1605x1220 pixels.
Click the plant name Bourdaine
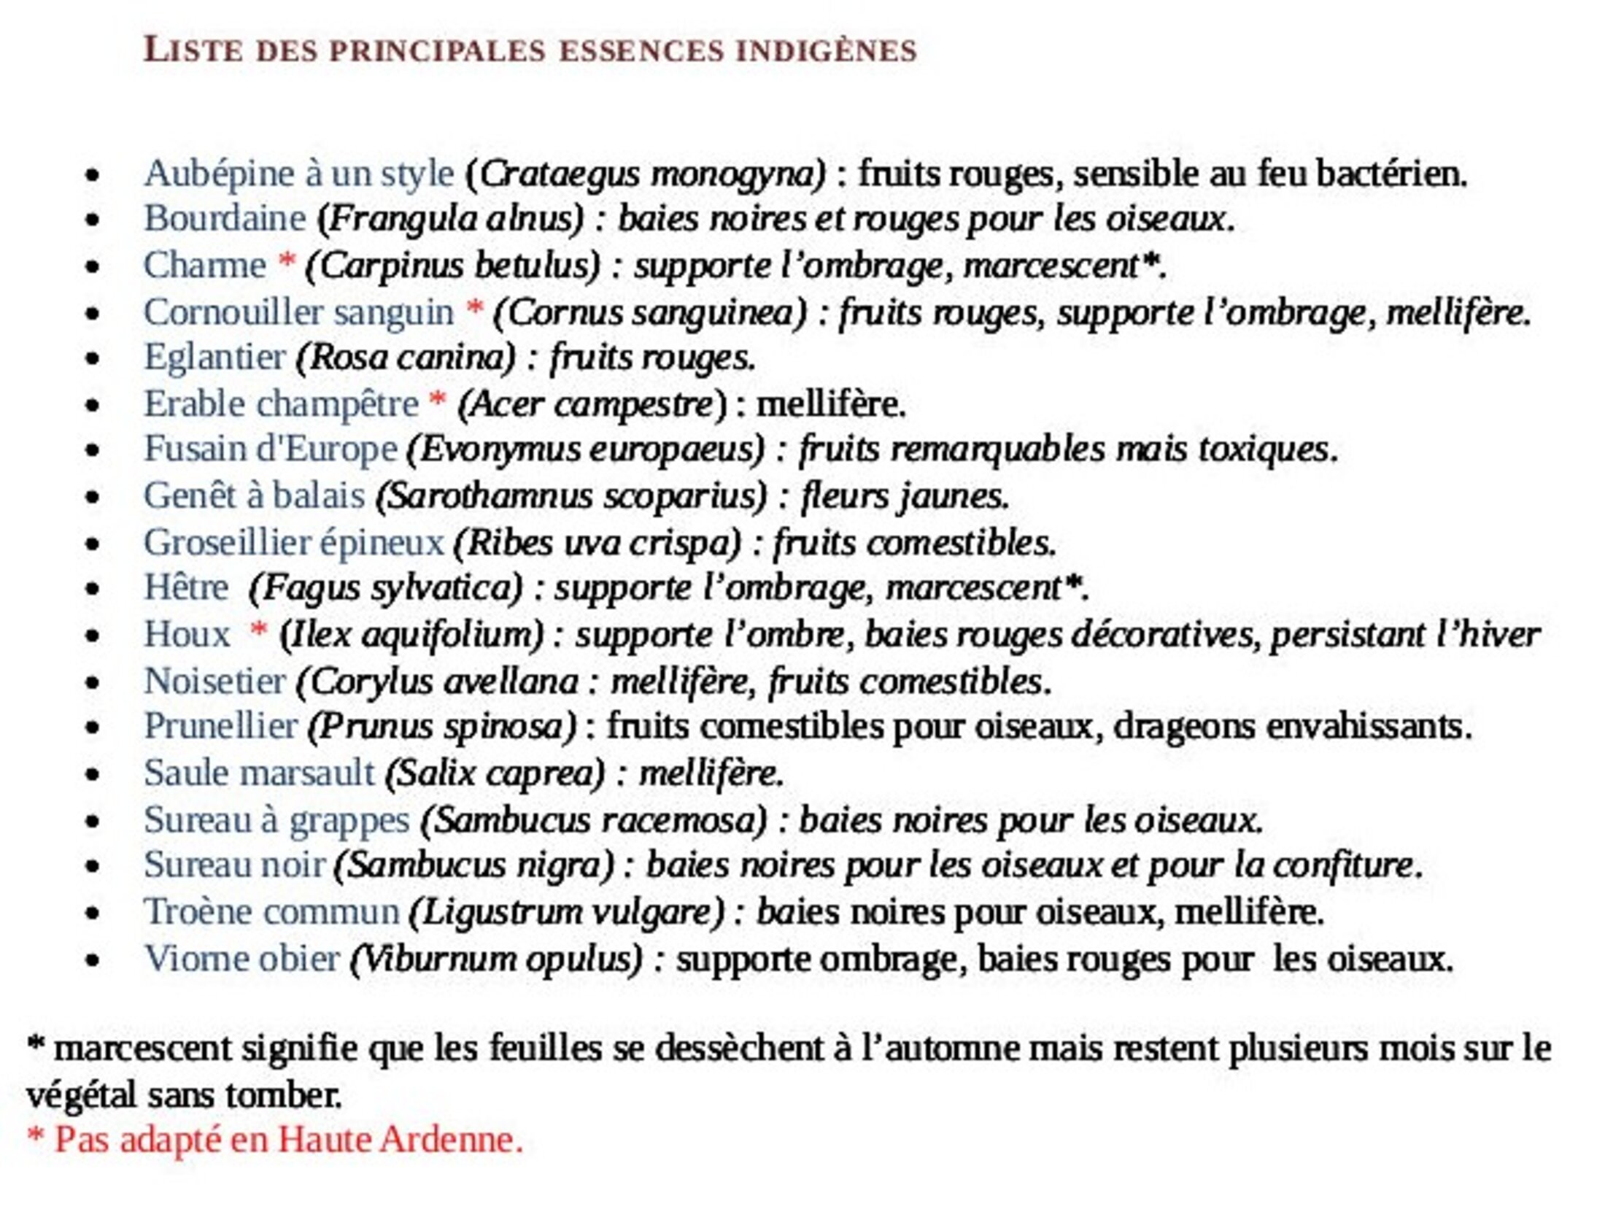tap(225, 218)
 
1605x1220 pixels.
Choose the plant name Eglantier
tap(214, 358)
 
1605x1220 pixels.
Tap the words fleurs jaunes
tap(905, 497)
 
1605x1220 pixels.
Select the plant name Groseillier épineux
tap(293, 543)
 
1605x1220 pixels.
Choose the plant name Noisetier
tap(214, 682)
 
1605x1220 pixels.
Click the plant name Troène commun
tap(271, 912)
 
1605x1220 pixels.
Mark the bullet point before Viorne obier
tap(92, 960)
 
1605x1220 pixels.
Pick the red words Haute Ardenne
tap(400, 1140)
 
